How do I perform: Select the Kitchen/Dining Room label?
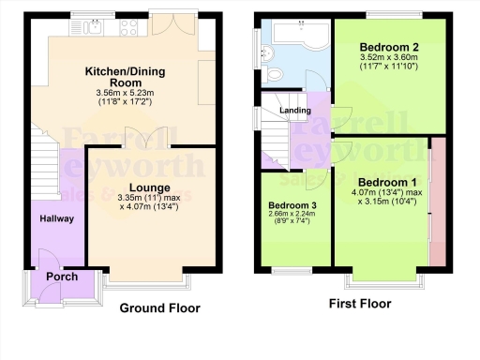[x=123, y=77]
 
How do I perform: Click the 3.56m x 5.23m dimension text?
[x=122, y=93]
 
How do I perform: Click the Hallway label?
[x=56, y=218]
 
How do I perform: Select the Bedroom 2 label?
[x=389, y=47]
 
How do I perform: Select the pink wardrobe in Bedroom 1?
[x=437, y=202]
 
